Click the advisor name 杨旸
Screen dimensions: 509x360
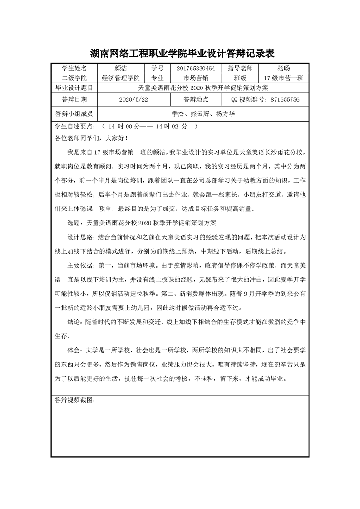tap(283, 68)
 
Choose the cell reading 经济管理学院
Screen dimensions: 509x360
tap(120, 78)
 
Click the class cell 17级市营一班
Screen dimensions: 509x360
tap(283, 78)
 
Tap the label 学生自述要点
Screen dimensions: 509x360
tap(75, 127)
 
